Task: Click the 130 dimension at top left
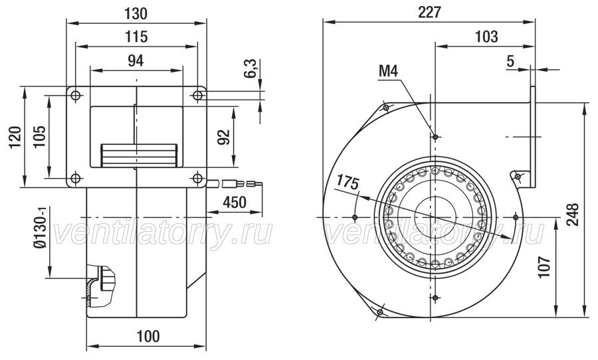pos(136,13)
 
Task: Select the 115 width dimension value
pos(136,37)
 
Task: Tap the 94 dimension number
pos(136,60)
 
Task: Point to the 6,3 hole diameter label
pos(250,68)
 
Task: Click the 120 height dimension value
pos(15,137)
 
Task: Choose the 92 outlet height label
pos(223,137)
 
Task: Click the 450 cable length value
pos(234,202)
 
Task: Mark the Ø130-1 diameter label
pos(39,228)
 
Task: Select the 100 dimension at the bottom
pos(148,336)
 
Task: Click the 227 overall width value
pos(429,13)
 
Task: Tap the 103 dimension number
pos(486,37)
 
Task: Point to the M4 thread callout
pos(388,71)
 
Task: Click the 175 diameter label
pos(347,183)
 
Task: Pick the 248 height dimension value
pos(573,215)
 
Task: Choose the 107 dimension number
pos(545,267)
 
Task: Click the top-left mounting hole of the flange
pos(76,95)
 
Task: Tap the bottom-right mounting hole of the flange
pos(197,178)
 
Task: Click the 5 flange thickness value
pos(510,61)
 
